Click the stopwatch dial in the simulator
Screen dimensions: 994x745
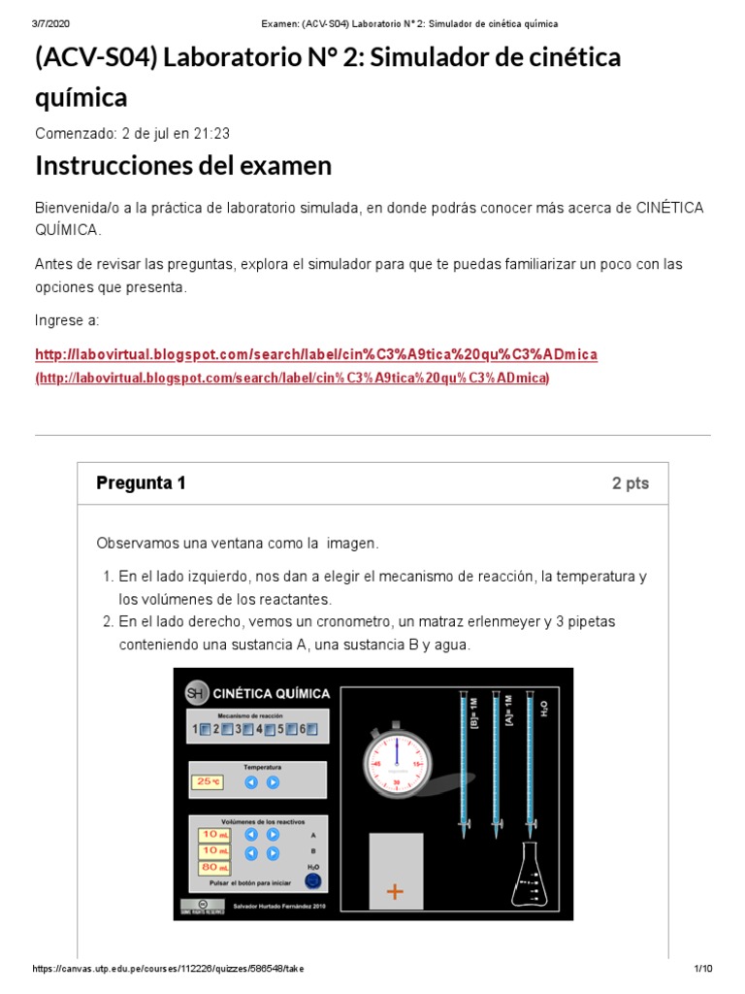coord(396,763)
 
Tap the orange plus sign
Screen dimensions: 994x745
coord(395,892)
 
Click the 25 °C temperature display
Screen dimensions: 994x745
coord(208,781)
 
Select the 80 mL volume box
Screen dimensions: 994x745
coord(213,867)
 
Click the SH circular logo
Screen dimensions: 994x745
coord(196,692)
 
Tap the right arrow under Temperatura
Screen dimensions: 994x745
coord(273,781)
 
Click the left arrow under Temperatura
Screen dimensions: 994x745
coord(251,781)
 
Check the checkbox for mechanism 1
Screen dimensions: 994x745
coord(204,729)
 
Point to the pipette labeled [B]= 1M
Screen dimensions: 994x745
coord(465,762)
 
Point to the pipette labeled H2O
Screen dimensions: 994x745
coord(530,762)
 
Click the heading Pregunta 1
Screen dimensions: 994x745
coord(141,483)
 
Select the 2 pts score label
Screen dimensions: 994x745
coord(630,483)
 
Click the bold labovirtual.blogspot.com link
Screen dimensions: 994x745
coord(316,354)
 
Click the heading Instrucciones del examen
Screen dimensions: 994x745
coord(183,166)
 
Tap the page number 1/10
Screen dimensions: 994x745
coord(703,969)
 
